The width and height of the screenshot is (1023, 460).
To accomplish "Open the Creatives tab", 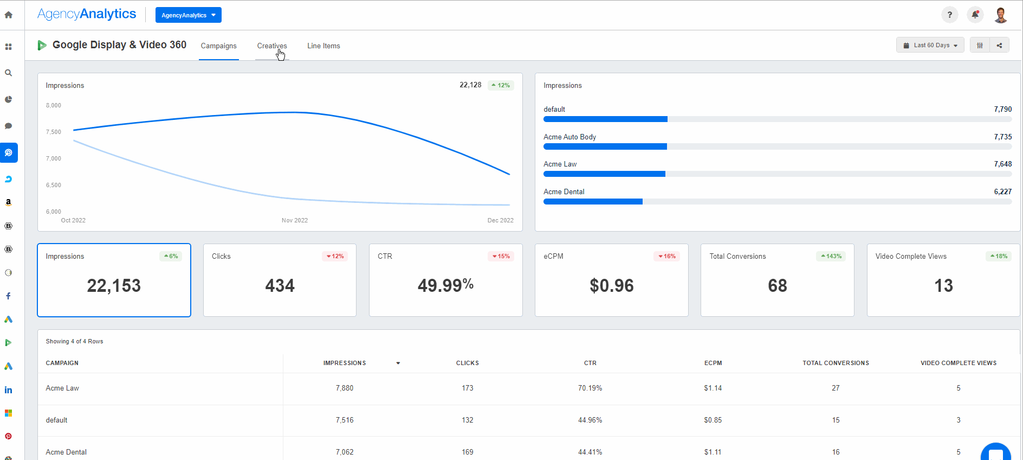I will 271,46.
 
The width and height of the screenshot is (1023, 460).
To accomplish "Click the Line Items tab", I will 323,46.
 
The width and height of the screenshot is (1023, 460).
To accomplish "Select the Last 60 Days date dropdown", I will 930,46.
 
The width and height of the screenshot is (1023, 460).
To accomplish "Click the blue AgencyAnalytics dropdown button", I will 188,15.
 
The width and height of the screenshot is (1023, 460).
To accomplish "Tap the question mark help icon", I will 949,15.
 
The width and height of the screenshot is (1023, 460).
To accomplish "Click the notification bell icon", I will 975,15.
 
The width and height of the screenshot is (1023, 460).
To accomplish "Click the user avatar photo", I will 1000,15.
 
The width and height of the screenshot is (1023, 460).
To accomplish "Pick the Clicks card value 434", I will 280,286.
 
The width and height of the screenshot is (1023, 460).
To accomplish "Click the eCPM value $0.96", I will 611,286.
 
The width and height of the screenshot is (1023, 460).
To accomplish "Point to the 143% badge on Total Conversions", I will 831,257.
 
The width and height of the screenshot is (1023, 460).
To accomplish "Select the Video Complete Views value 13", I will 943,286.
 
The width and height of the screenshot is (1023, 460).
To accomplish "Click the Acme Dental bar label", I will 564,192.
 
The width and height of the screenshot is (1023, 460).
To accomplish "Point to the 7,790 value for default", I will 1002,110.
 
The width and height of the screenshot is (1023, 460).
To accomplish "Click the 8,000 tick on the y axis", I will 54,106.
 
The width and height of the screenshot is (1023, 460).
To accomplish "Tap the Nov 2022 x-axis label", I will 294,221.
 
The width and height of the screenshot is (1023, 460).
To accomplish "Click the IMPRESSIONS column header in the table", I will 345,363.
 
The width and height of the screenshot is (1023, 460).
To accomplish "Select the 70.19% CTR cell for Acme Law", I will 590,388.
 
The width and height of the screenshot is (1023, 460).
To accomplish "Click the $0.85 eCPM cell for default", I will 713,420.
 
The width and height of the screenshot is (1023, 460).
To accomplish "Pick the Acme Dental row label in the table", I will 66,452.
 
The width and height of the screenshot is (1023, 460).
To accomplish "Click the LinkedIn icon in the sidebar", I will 8,390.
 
